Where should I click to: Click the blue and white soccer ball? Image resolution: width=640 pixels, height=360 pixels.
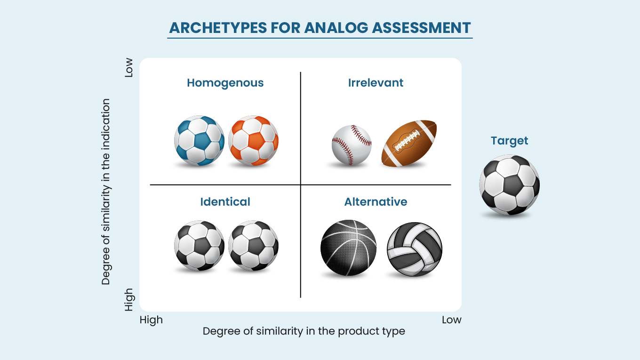click(x=199, y=141)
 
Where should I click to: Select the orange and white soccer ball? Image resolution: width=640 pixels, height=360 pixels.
click(x=254, y=141)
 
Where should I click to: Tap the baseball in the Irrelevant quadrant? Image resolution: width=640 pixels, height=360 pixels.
click(x=352, y=145)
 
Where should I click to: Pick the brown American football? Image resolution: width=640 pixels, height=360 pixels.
click(x=409, y=143)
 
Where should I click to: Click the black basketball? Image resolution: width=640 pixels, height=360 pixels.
click(x=348, y=248)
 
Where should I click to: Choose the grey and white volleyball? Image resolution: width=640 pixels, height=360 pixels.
click(x=415, y=249)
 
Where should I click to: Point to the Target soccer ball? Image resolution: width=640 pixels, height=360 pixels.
click(x=510, y=184)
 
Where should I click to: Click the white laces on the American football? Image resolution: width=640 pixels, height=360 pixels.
click(x=407, y=140)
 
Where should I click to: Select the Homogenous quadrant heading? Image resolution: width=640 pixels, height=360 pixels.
click(x=225, y=83)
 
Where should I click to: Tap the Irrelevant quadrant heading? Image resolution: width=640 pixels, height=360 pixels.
click(x=376, y=83)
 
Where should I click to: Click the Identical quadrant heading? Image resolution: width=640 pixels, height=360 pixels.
click(x=225, y=202)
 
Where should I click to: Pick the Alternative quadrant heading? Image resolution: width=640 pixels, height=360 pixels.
click(x=376, y=202)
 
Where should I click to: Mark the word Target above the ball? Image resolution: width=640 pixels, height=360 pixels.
click(x=510, y=141)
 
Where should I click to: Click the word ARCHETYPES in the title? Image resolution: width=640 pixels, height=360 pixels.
click(x=218, y=28)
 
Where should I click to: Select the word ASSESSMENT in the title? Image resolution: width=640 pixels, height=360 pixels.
click(x=421, y=28)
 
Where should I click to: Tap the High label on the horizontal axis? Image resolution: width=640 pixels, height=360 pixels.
click(x=151, y=320)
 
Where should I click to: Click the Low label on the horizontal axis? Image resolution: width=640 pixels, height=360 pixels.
click(x=451, y=320)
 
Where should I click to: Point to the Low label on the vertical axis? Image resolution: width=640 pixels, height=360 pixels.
click(x=128, y=68)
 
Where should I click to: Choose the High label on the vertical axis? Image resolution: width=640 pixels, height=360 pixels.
click(x=129, y=300)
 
